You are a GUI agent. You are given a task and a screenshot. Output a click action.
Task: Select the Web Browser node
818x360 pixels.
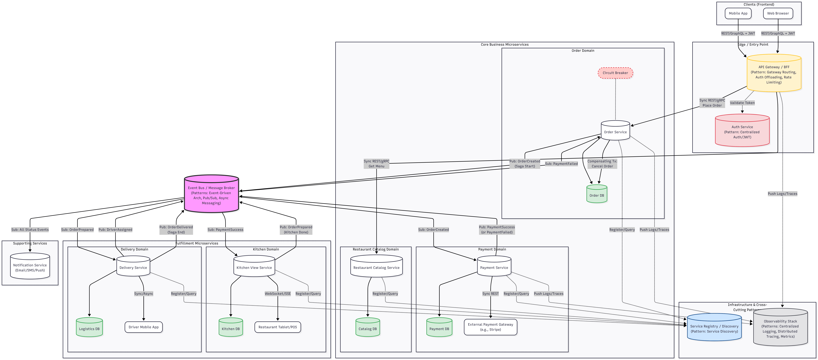(778, 13)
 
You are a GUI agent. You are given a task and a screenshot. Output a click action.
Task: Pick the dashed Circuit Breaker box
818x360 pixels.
(615, 73)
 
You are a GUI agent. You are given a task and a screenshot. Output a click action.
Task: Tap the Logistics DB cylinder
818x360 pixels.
(89, 328)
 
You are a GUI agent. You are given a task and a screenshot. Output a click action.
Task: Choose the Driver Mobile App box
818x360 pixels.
(143, 327)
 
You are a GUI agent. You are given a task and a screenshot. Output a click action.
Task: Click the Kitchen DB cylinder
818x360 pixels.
(231, 328)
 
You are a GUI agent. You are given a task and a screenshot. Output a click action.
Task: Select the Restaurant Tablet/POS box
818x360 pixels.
(277, 327)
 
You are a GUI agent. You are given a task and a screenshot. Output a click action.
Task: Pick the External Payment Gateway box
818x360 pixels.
(490, 327)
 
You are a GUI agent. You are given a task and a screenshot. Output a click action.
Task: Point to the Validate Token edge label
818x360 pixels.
(742, 103)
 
